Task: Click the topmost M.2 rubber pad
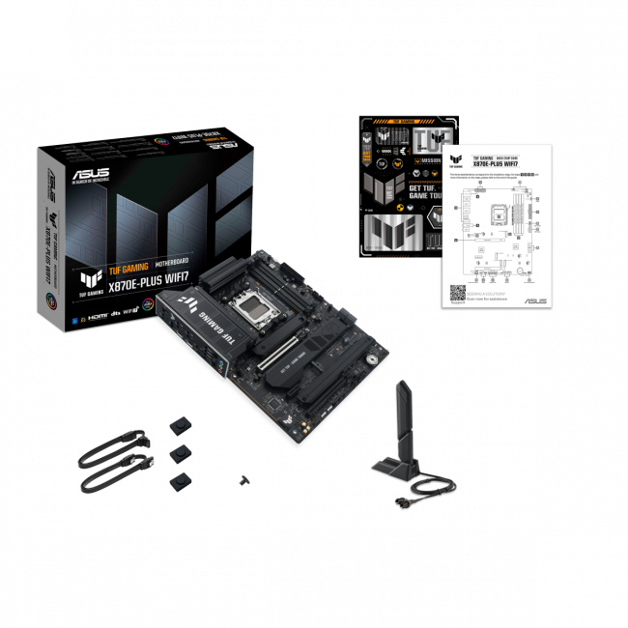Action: coord(179,423)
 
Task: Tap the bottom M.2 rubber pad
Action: coord(179,480)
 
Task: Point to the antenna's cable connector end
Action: coord(398,502)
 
